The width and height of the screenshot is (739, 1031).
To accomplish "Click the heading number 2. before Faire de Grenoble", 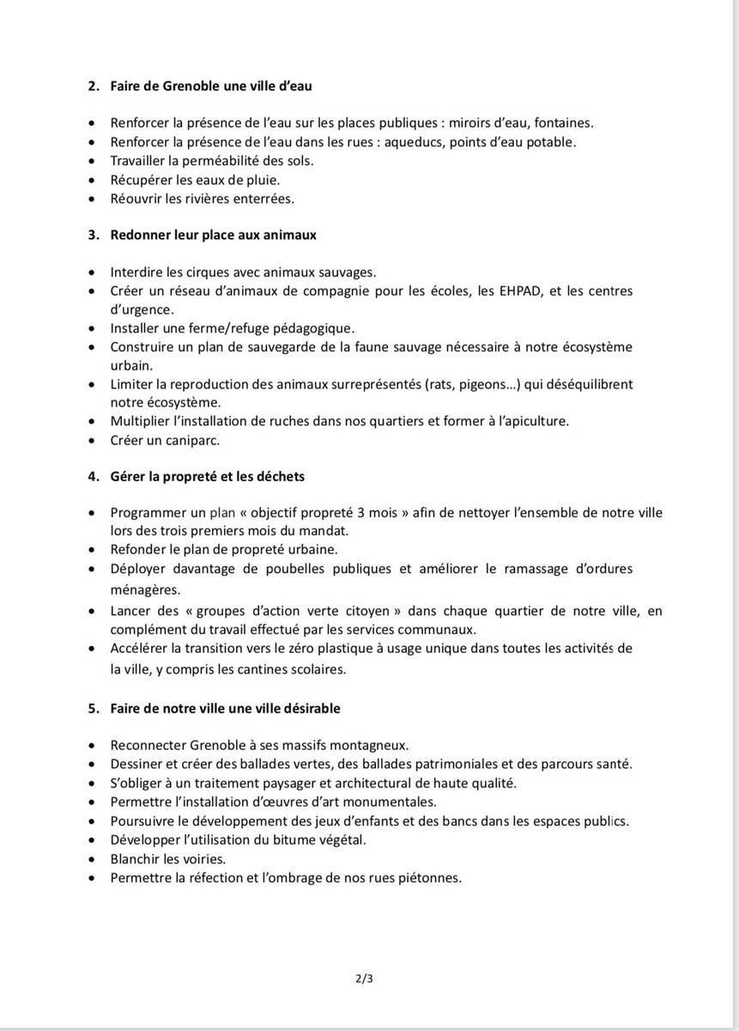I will [x=94, y=86].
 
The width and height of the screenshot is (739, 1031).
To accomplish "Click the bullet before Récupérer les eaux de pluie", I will [x=94, y=180].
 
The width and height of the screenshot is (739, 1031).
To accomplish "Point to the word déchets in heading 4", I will [x=278, y=476].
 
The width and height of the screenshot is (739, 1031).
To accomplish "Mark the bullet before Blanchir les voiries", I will [x=94, y=858].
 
